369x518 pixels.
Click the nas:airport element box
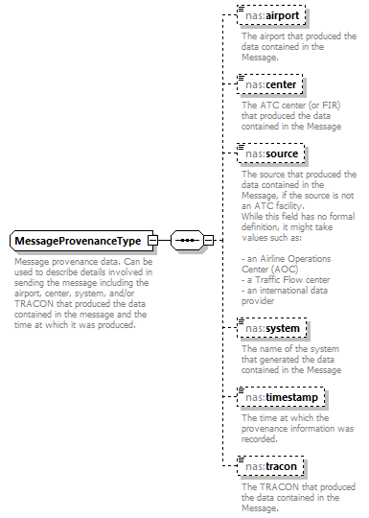click(x=276, y=16)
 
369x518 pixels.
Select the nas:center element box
click(x=274, y=84)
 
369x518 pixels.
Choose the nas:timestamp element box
click(x=282, y=397)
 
